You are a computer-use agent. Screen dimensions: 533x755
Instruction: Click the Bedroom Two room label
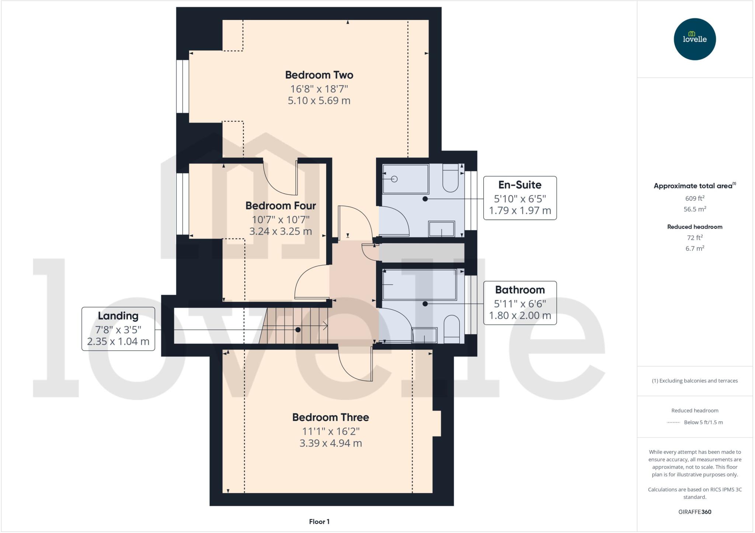319,75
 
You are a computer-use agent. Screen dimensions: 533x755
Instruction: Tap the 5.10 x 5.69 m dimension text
319,101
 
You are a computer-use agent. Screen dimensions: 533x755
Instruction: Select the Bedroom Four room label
281,206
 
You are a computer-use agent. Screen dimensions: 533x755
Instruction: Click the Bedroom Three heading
330,417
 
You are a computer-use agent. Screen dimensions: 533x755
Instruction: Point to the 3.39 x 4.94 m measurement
330,443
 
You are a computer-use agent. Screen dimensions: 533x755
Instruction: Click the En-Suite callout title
519,185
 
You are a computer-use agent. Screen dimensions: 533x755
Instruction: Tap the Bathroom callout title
519,290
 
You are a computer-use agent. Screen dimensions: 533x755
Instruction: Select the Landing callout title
118,316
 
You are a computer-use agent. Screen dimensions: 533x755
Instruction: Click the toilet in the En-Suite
450,178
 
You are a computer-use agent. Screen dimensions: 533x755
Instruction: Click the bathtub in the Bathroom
420,284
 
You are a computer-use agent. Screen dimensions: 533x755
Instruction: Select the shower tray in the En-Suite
406,179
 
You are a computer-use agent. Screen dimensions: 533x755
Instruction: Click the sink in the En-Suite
441,229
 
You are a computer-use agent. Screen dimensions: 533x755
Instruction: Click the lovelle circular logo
695,39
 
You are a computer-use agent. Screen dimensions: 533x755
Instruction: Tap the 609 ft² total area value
695,198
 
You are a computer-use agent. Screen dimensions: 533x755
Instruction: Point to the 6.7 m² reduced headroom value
695,248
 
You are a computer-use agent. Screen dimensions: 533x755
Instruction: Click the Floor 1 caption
319,522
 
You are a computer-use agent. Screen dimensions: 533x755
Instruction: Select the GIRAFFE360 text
695,512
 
